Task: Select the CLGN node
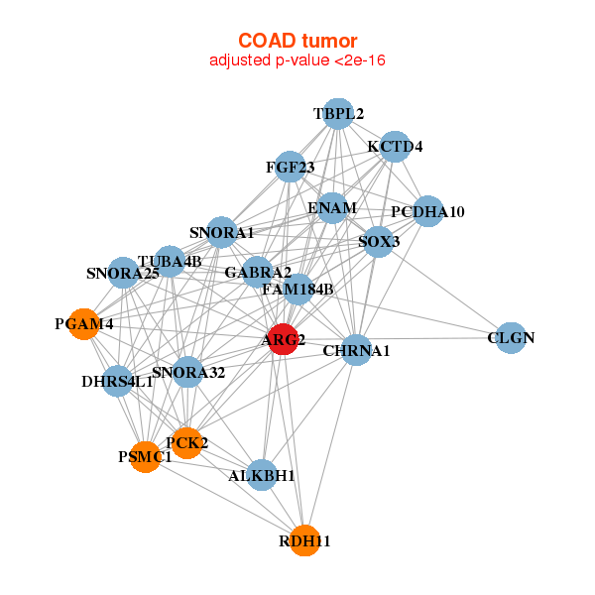[x=510, y=338]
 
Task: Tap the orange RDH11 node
[x=305, y=540]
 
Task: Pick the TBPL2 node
[x=339, y=113]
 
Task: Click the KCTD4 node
[x=395, y=146]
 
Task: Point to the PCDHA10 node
[x=427, y=211]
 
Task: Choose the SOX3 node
[x=378, y=241]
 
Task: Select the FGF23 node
[x=291, y=167]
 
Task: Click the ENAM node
[x=331, y=208]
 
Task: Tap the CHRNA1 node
[x=356, y=350]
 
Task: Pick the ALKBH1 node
[x=262, y=475]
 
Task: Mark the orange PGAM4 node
[x=84, y=324]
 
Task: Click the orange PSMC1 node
[x=146, y=457]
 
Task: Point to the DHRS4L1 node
[x=118, y=381]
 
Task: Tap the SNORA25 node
[x=123, y=273]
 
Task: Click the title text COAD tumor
[x=297, y=41]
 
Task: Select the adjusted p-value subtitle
[x=297, y=60]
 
